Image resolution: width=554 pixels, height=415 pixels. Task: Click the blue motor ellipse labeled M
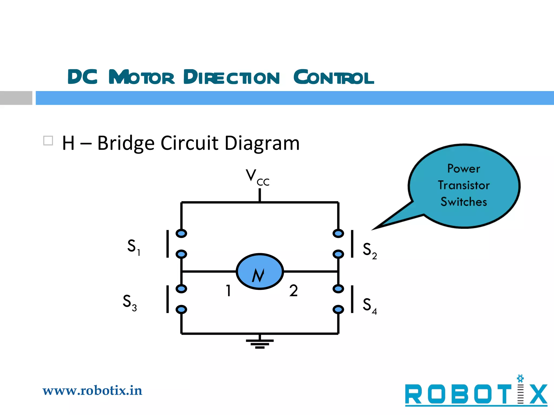260,271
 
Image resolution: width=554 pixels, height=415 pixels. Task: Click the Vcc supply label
257,177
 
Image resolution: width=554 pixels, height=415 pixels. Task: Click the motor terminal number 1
229,291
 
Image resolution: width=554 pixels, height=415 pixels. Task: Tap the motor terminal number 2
294,291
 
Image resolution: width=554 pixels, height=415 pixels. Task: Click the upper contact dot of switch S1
181,233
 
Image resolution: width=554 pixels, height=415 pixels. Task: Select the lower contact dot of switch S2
338,254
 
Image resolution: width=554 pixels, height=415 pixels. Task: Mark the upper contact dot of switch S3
181,289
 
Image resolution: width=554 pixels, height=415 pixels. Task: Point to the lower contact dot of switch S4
338,309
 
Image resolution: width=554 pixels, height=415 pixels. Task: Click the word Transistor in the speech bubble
464,185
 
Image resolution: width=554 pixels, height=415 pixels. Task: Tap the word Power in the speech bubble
464,169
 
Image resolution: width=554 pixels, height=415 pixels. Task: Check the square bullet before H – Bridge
48,141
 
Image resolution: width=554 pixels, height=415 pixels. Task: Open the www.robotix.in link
92,391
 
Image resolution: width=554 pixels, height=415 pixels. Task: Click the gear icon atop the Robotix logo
520,378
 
